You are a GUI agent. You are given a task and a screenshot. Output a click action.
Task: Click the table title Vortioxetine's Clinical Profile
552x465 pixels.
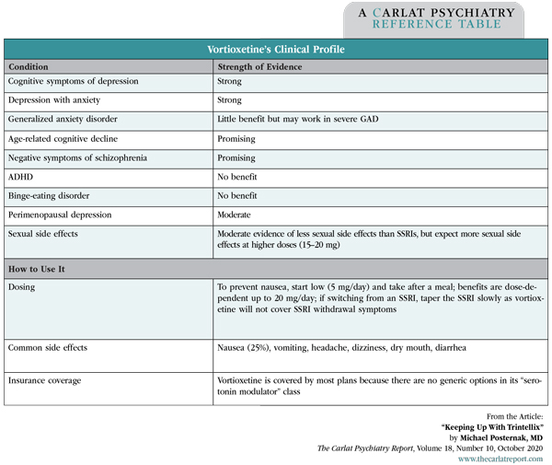coord(275,50)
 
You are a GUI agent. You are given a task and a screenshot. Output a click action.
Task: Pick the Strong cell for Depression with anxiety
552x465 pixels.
coord(230,101)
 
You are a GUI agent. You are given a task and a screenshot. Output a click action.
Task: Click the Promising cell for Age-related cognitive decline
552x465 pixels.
coord(236,139)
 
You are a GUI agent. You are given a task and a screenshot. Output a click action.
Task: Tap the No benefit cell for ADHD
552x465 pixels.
coord(237,177)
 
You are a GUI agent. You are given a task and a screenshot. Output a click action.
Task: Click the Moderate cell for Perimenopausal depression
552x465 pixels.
coord(236,215)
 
